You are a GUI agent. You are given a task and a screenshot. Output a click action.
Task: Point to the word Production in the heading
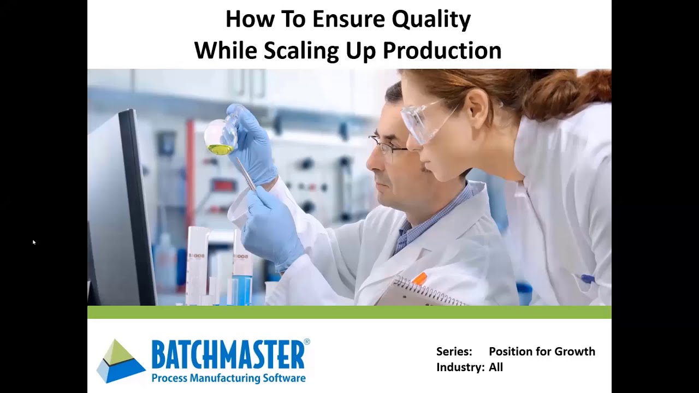click(x=442, y=51)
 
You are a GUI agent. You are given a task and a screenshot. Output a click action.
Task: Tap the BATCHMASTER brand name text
click(x=228, y=355)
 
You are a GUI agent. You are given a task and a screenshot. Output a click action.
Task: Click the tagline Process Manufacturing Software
click(x=228, y=378)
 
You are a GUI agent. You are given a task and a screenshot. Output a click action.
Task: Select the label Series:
click(x=454, y=352)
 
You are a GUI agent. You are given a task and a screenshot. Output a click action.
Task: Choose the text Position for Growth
click(x=542, y=352)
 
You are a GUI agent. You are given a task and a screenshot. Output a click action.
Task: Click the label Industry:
click(x=460, y=367)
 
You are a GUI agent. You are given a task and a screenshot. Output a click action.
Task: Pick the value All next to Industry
click(x=496, y=367)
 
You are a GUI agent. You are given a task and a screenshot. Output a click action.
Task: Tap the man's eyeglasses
click(x=389, y=146)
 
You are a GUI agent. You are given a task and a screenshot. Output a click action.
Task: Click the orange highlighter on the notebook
click(x=419, y=279)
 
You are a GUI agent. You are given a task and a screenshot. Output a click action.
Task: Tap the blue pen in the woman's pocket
click(x=587, y=279)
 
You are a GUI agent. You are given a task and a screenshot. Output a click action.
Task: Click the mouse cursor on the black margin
click(x=33, y=241)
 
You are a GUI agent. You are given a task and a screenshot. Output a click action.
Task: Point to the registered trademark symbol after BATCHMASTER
click(x=306, y=342)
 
